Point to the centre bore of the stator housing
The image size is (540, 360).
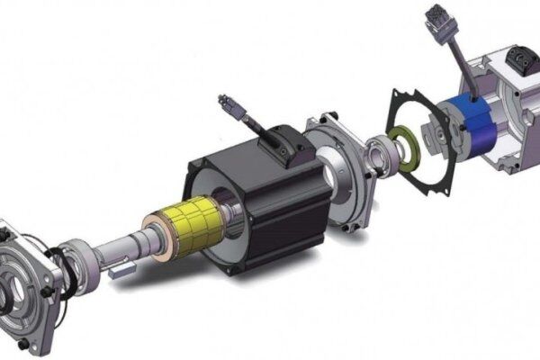225,220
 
